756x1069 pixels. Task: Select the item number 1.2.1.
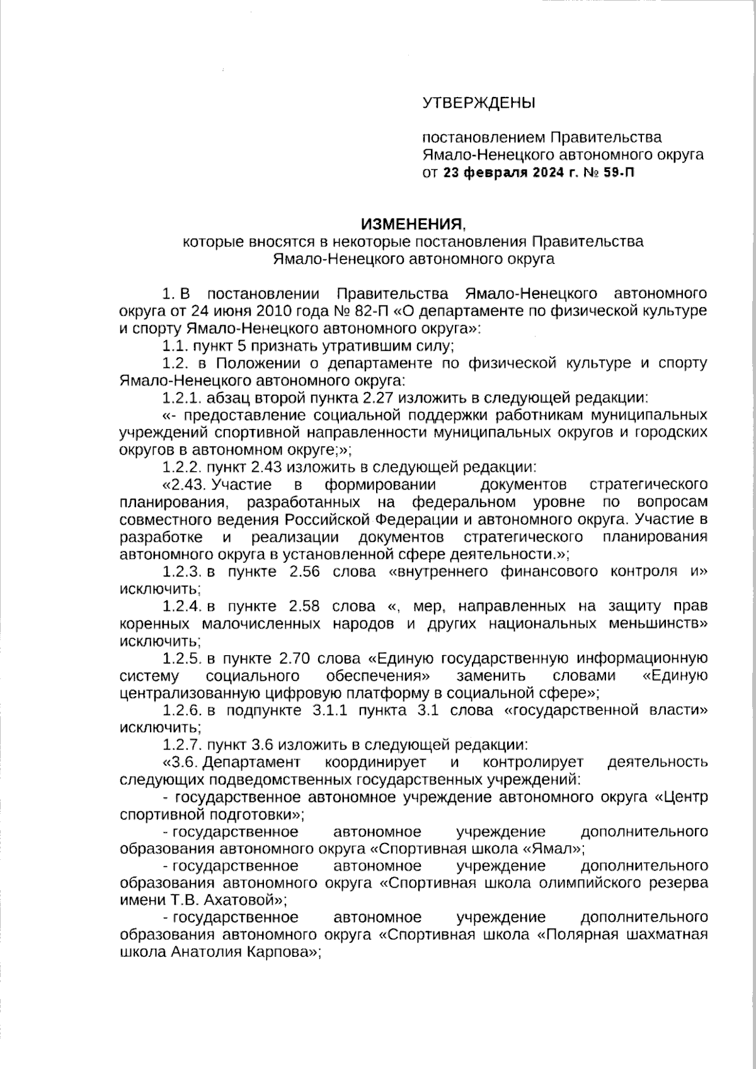click(x=182, y=397)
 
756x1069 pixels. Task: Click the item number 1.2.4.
click(x=182, y=606)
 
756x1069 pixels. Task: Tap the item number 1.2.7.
click(x=182, y=745)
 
